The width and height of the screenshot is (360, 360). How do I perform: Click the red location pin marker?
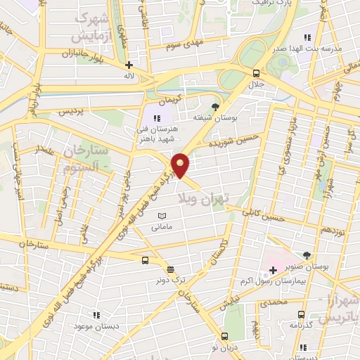(x=181, y=165)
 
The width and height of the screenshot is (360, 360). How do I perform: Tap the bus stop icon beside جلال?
(x=256, y=73)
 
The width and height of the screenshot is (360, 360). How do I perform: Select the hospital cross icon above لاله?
(x=129, y=65)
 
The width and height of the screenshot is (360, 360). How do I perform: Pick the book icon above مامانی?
(x=162, y=216)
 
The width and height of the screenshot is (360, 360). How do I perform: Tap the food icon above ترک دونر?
(x=170, y=269)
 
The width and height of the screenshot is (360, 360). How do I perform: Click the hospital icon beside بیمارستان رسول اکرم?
(x=273, y=270)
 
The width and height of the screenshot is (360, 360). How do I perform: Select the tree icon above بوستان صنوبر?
(x=306, y=255)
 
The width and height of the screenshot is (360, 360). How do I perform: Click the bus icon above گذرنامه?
(x=302, y=315)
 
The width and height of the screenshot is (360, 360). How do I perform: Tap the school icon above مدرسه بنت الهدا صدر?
(x=306, y=37)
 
